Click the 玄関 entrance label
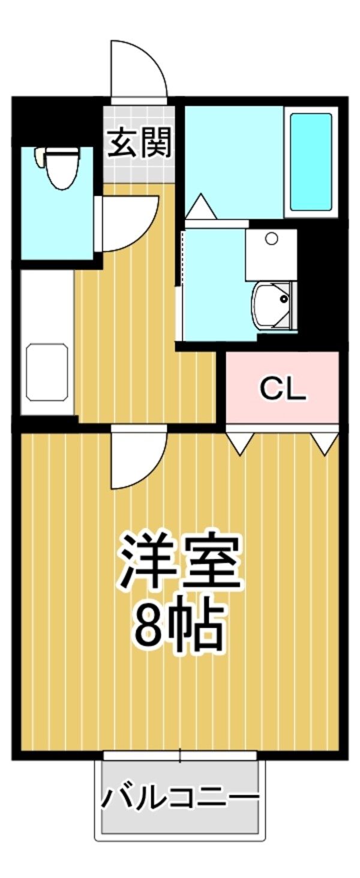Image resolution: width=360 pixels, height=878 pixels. tap(139, 143)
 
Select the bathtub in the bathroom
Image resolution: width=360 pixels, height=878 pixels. tap(311, 161)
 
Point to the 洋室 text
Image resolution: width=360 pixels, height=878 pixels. tap(179, 561)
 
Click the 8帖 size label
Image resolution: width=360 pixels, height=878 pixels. tap(179, 624)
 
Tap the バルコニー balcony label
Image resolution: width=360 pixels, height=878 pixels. tap(179, 799)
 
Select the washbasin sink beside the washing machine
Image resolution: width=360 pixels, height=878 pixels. tap(273, 306)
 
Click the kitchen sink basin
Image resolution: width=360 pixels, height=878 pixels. tap(47, 372)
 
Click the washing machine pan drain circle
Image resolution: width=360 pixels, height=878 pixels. tap(271, 239)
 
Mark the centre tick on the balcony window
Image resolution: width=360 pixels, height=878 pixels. tap(181, 755)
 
